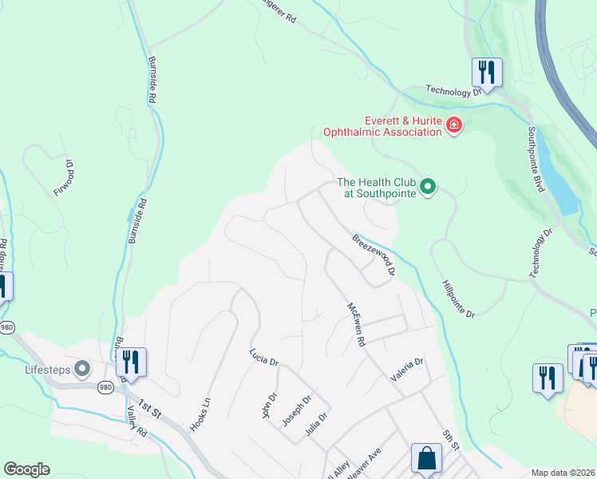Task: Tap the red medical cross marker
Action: [454, 125]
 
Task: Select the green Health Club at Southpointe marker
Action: [428, 187]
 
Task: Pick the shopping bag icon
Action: [426, 459]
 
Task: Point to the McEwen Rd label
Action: [355, 324]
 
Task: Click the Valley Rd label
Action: [136, 421]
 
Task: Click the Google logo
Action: [26, 469]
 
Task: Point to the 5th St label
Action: [452, 438]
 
